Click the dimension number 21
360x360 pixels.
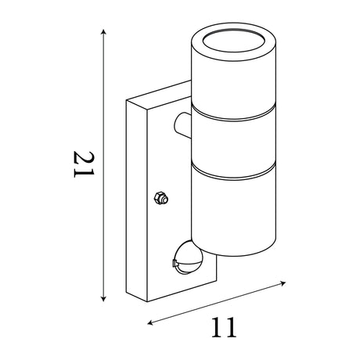coord(84,164)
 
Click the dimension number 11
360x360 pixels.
coord(224,328)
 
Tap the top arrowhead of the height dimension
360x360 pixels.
coord(103,32)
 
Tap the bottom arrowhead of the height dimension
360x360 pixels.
coord(103,299)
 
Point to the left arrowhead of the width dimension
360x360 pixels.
coord(150,323)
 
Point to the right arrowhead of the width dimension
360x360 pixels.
coord(283,283)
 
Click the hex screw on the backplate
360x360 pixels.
coord(161,198)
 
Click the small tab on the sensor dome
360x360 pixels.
coord(174,263)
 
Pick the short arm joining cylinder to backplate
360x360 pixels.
coord(182,125)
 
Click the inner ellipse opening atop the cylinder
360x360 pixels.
coord(234,41)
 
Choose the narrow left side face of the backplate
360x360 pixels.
coord(137,201)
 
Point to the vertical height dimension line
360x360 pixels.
coord(103,165)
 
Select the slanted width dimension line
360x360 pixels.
coord(217,303)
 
